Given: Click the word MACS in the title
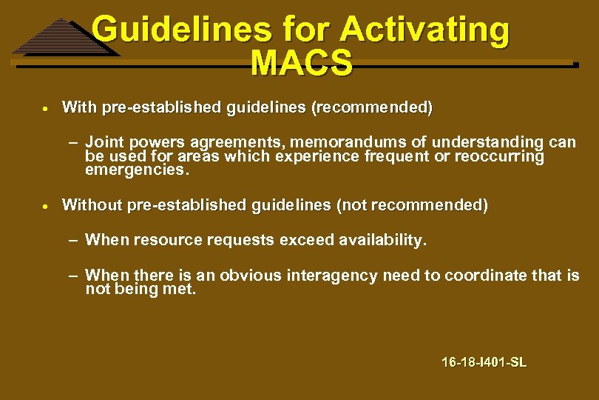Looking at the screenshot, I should (301, 64).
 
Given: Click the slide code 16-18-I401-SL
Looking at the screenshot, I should (484, 362).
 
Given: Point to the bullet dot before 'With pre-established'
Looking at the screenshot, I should (45, 108).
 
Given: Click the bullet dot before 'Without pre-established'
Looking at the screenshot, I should (45, 205).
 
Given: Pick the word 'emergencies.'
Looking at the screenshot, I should (138, 170).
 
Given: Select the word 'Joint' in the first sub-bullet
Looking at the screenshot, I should (104, 141).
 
